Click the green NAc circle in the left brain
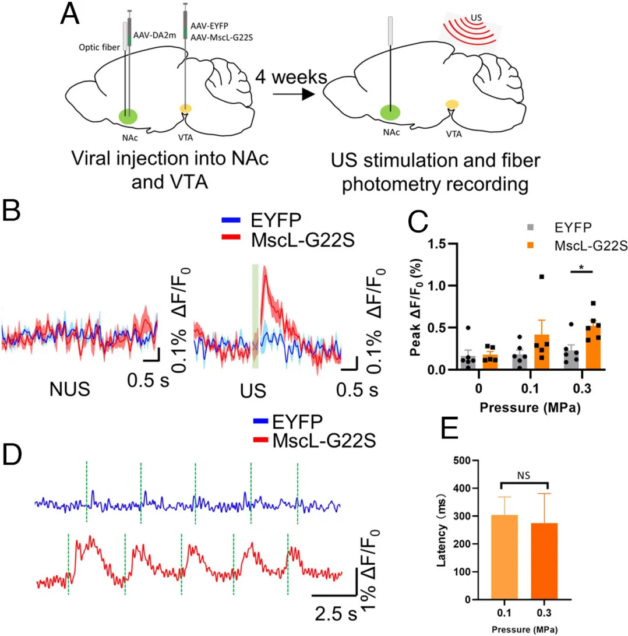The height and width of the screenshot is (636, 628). pos(129,116)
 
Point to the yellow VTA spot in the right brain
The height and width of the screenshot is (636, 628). pos(451,104)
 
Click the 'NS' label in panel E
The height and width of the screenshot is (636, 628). pos(525,475)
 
